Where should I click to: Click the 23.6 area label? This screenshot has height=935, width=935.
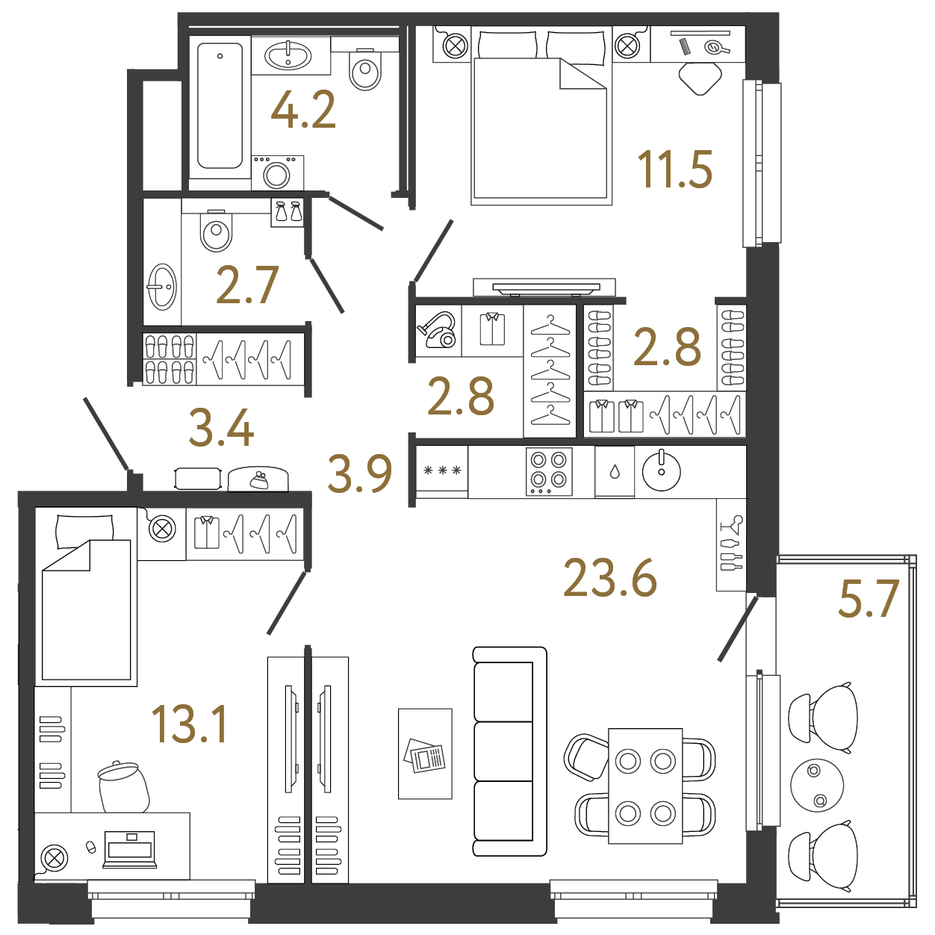[610, 577]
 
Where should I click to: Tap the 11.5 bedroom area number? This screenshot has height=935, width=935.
[675, 169]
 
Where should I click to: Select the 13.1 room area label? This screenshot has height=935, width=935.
[189, 724]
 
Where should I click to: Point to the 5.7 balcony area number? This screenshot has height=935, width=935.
[869, 598]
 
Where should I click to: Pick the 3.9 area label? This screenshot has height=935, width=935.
[360, 473]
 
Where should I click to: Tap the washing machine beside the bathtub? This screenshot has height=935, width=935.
[278, 173]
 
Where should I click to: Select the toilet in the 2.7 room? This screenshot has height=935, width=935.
[216, 231]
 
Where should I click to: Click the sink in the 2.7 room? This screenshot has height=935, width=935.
[161, 287]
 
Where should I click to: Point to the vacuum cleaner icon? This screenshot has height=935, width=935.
[437, 330]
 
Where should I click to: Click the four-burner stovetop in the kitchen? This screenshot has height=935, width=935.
[549, 471]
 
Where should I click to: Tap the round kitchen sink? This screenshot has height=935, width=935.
[662, 470]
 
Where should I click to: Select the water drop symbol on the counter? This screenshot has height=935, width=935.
[615, 472]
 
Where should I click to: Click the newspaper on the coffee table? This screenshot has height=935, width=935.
[424, 756]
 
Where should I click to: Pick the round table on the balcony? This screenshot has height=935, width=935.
[817, 785]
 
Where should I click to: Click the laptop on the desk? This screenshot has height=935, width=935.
[129, 849]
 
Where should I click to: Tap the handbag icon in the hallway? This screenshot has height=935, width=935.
[258, 480]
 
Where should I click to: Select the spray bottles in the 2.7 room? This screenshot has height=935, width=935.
[288, 212]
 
